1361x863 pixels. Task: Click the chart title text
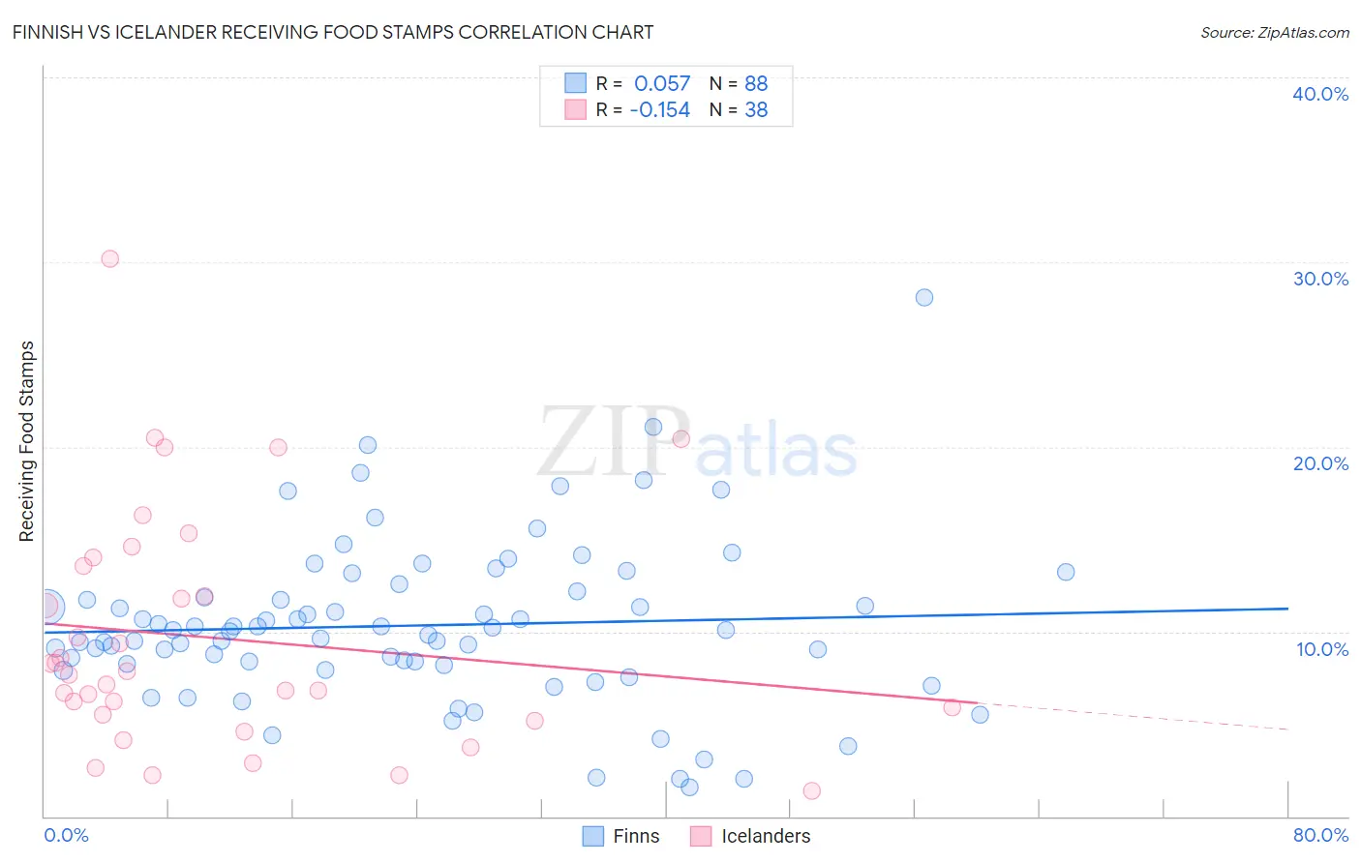click(333, 33)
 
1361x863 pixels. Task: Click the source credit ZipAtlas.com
click(1274, 33)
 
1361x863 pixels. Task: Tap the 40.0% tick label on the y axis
click(1319, 94)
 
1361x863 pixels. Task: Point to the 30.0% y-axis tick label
click(1319, 279)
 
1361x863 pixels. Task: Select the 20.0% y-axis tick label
click(1319, 463)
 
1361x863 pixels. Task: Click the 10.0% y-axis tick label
click(1321, 649)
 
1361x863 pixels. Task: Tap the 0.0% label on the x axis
click(66, 835)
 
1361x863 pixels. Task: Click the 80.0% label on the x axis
click(1320, 835)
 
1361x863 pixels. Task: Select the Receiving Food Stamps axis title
click(27, 441)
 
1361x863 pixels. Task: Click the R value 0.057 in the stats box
click(662, 84)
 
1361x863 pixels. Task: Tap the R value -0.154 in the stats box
click(659, 110)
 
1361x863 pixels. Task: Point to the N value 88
click(756, 84)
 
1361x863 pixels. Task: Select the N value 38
click(756, 110)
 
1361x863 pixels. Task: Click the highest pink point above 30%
click(110, 258)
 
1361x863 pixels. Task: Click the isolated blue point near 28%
click(924, 297)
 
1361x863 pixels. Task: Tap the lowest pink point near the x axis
click(812, 790)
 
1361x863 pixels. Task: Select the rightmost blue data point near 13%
click(1066, 572)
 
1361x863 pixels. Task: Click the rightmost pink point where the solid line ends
click(952, 707)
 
